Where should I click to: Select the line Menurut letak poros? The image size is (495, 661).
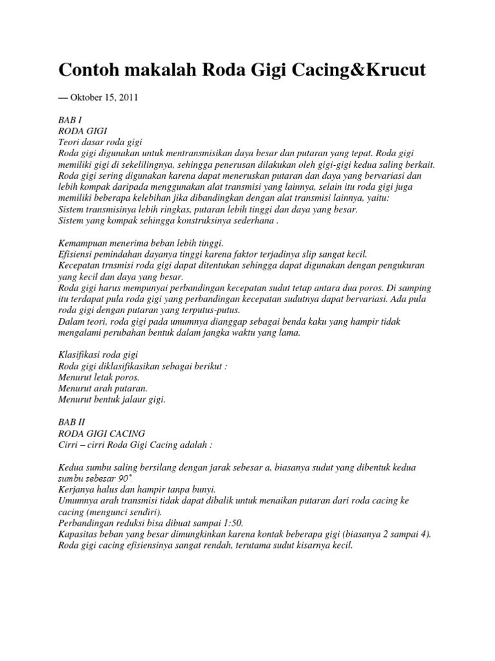click(x=99, y=377)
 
